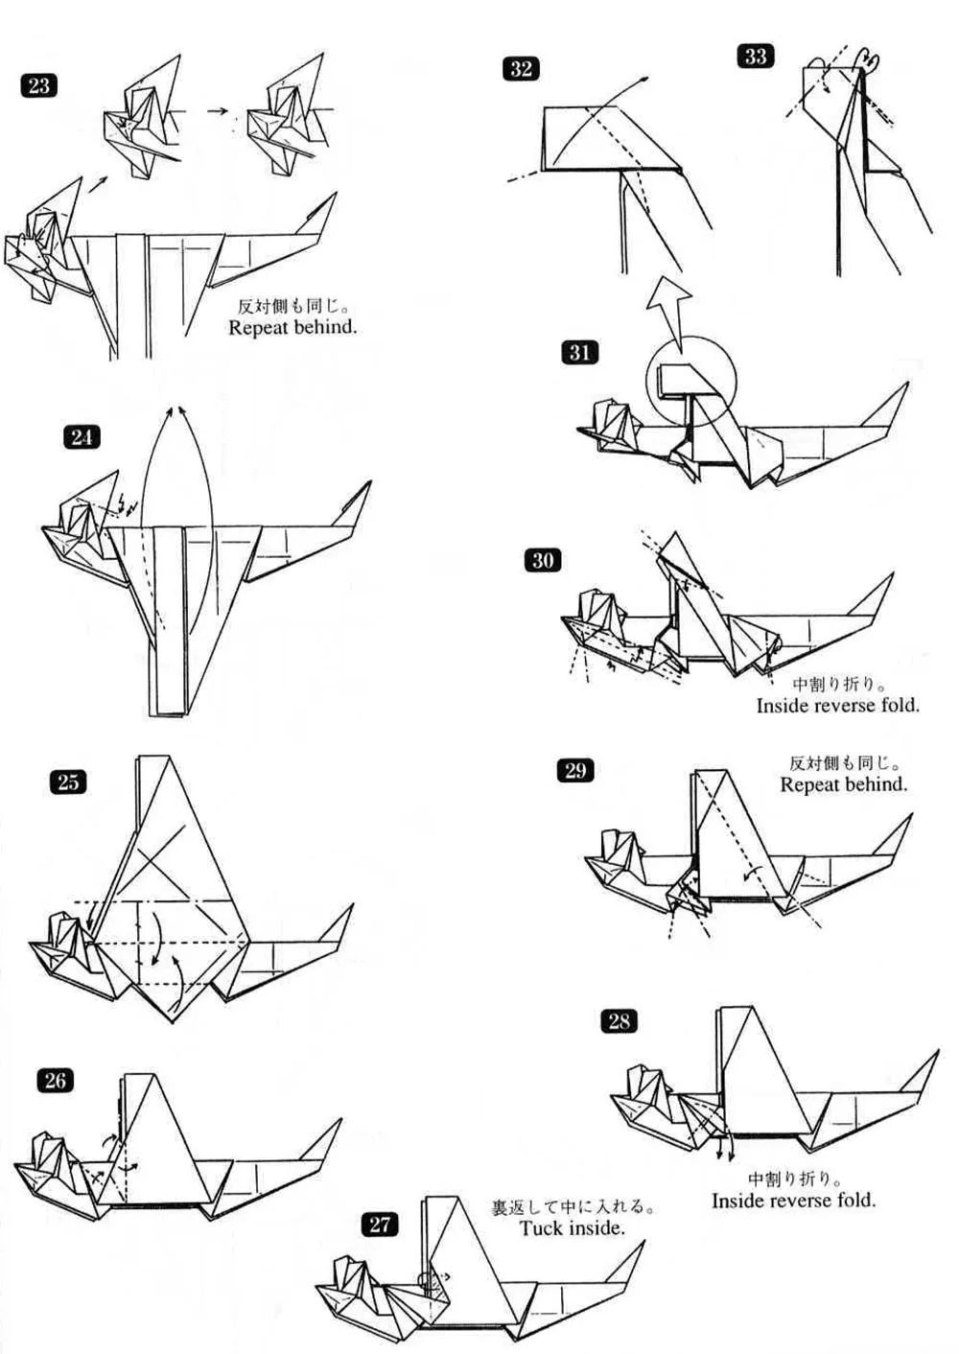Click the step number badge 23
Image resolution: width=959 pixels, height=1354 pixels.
[38, 86]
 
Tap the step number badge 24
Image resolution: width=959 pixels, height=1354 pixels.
[82, 437]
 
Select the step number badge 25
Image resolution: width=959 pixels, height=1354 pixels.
[67, 782]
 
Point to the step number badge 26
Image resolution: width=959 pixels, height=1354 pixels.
[55, 1081]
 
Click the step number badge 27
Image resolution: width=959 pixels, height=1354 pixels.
[381, 1224]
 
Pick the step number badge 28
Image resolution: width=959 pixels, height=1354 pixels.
[619, 1021]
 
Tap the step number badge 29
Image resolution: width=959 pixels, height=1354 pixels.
[574, 770]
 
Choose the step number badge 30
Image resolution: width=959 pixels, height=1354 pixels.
[542, 560]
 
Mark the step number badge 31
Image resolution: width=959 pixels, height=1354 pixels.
[579, 353]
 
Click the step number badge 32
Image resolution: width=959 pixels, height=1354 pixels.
[521, 68]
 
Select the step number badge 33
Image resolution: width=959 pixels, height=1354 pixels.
[756, 57]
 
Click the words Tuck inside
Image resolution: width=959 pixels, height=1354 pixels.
[572, 1227]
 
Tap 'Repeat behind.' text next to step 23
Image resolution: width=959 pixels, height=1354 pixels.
[292, 327]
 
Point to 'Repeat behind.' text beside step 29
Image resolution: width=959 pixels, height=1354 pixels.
[843, 784]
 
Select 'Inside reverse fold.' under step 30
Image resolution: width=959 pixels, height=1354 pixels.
[837, 706]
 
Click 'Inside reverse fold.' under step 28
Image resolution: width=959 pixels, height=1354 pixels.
[793, 1200]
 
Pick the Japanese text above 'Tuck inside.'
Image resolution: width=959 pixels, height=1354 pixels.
[573, 1206]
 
